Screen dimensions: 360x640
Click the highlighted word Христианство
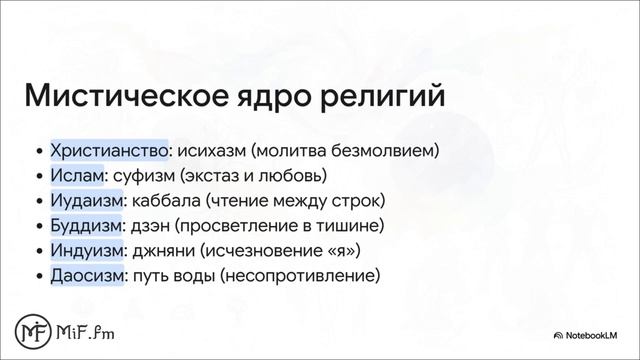point(109,152)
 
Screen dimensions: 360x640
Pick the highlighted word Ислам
point(77,176)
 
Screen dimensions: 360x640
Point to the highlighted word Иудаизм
point(86,201)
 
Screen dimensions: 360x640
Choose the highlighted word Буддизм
point(86,225)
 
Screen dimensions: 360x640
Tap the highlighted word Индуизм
point(87,250)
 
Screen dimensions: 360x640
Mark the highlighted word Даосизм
point(87,274)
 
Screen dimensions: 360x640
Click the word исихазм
point(211,152)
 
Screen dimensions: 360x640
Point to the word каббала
point(164,201)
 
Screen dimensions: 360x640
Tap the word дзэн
point(150,225)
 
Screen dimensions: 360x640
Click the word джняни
point(161,250)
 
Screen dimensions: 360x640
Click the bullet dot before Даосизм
point(38,275)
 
